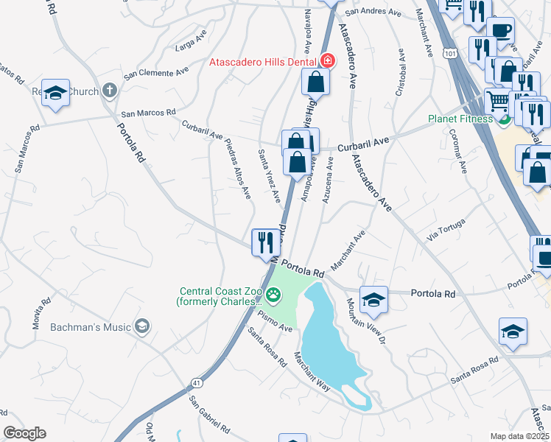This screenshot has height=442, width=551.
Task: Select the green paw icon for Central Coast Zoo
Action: click(x=274, y=295)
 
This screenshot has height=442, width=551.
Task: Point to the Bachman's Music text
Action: click(x=91, y=326)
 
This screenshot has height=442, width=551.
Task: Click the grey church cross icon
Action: click(x=109, y=91)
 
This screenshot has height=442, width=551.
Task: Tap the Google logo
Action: click(x=24, y=433)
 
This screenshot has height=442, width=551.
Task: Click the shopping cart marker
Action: click(x=498, y=100)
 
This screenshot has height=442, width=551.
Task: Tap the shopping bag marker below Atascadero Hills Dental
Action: click(x=315, y=83)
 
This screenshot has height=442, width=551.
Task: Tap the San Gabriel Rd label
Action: click(x=210, y=415)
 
